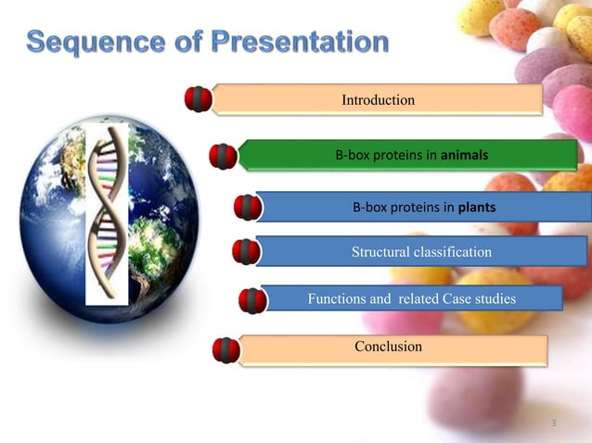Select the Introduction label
click(x=378, y=99)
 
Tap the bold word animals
click(x=465, y=155)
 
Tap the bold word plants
click(x=475, y=208)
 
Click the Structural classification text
click(x=421, y=252)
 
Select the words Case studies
click(x=475, y=298)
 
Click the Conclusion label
click(x=388, y=347)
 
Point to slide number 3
click(x=553, y=424)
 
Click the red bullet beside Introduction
click(x=199, y=99)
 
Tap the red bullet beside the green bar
click(x=224, y=157)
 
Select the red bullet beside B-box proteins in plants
click(x=247, y=208)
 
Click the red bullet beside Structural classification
click(x=246, y=252)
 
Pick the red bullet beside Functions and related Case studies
click(x=252, y=300)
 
